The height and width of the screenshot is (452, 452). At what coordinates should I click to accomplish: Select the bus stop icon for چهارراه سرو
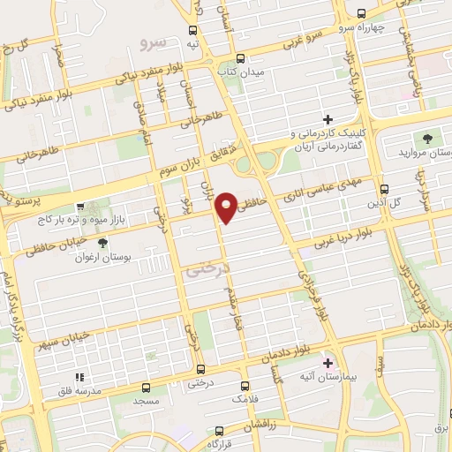[x=360, y=12]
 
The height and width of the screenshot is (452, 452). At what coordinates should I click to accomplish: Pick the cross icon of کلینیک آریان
[x=328, y=118]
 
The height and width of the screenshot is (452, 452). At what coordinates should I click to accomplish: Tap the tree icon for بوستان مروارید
[x=428, y=138]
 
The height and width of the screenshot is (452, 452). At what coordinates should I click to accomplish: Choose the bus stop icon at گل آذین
[x=383, y=188]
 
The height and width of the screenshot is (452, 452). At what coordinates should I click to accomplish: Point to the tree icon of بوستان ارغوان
[x=103, y=242]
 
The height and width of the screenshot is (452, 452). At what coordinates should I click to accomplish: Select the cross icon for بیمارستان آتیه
[x=328, y=363]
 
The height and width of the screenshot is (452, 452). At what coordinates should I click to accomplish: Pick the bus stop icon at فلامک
[x=245, y=386]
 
